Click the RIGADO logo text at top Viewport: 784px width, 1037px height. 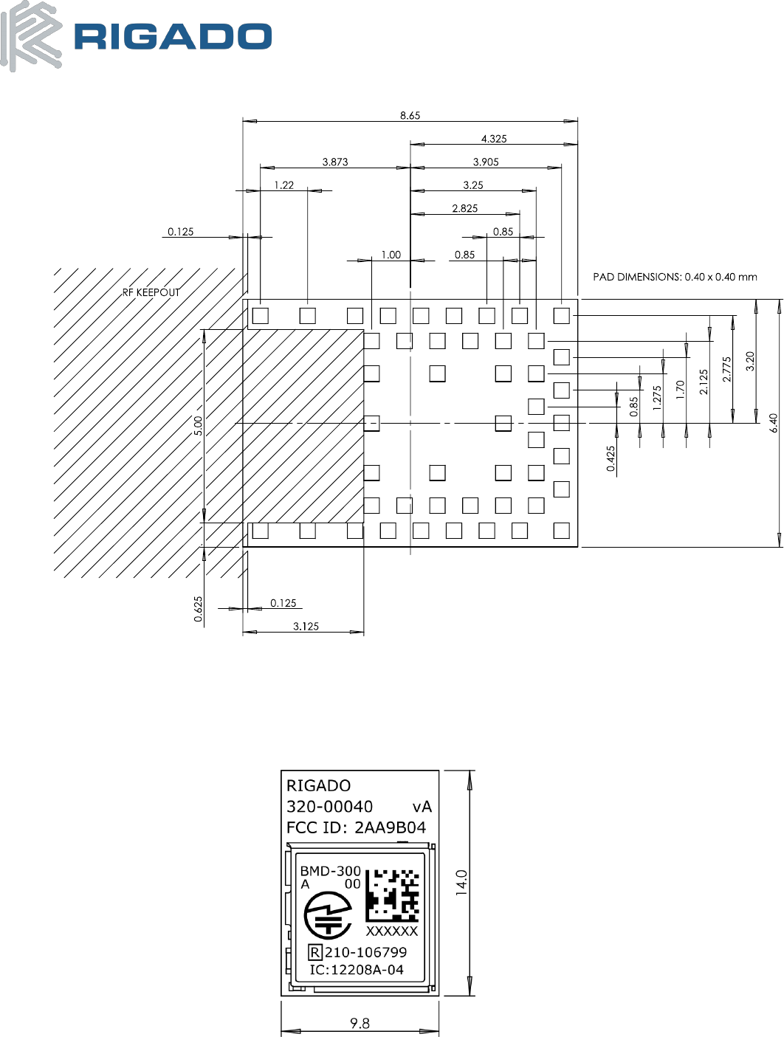pos(173,37)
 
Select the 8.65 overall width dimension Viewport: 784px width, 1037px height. pos(410,115)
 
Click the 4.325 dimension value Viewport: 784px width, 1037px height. pos(494,139)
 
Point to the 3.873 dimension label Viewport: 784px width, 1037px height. pos(335,162)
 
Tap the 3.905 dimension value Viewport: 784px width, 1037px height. pos(486,162)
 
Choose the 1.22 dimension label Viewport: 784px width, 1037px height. pos(284,185)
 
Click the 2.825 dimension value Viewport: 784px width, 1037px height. pos(465,208)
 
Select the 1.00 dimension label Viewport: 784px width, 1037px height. pos(391,255)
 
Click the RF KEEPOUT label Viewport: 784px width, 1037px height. pos(151,292)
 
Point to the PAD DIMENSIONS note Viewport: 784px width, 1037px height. pos(675,277)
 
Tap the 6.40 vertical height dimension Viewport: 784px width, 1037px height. pos(773,423)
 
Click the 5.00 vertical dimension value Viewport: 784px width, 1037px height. pos(198,426)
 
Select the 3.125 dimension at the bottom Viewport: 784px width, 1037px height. pos(306,627)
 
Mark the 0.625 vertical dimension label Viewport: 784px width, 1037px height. pos(198,609)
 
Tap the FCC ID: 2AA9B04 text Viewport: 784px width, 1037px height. pos(356,827)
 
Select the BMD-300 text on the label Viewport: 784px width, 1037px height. pos(330,871)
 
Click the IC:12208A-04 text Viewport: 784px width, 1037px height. pos(357,970)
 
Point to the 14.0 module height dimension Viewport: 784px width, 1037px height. pos(461,883)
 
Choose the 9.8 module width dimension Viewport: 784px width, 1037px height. pos(360,1023)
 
